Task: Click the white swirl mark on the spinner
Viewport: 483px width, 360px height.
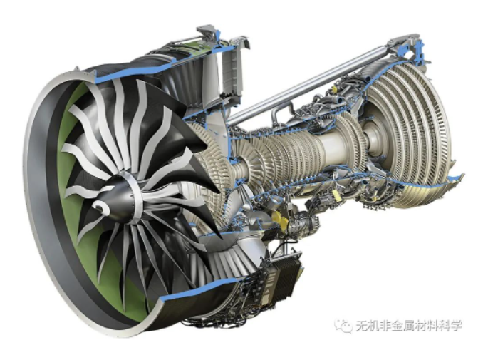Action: click(x=100, y=207)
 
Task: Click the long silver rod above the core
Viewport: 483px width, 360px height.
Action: click(x=308, y=84)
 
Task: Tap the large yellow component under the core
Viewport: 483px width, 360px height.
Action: click(x=279, y=219)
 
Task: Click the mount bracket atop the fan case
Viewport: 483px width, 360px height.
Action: click(x=206, y=31)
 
